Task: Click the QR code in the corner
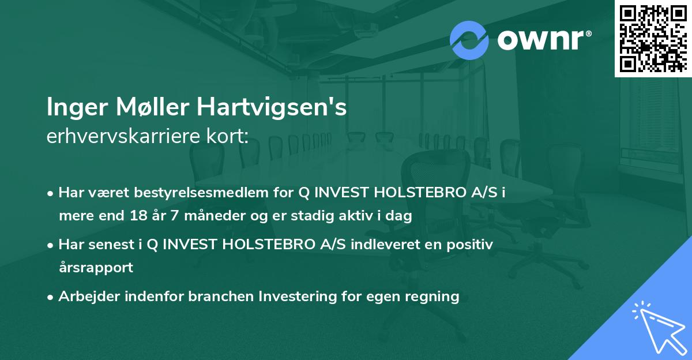(x=653, y=38)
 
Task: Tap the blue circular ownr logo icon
(x=469, y=40)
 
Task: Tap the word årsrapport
(x=96, y=268)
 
